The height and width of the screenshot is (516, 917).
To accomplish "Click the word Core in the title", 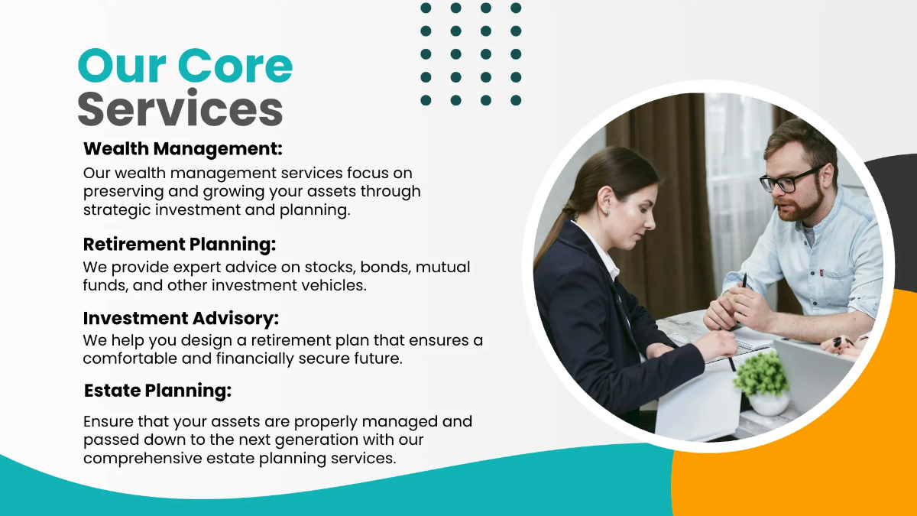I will pos(235,67).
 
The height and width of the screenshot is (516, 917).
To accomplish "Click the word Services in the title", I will pos(180,109).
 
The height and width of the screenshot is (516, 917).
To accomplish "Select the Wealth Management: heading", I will pos(183,149).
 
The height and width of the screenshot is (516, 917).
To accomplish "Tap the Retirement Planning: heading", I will pos(179,245).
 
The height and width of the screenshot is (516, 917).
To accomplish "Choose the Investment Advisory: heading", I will pos(181,318).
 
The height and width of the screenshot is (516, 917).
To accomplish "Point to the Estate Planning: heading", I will pos(157,391).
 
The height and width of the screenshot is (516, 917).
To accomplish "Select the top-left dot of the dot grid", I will pos(426,8).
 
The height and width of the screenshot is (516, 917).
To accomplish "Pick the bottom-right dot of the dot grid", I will pos(516,100).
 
